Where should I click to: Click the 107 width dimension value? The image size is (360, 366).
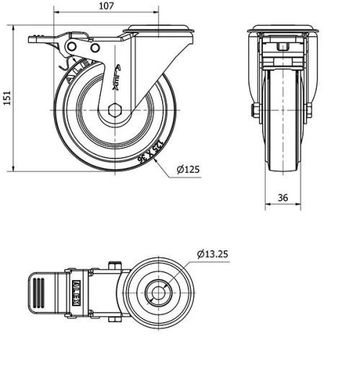pos(106,6)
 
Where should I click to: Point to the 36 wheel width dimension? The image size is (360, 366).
pos(282,197)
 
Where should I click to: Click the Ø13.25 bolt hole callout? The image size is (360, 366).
pos(213,253)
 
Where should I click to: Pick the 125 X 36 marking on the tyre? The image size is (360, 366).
pos(149,152)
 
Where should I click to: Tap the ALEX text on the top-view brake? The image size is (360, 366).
pos(76,291)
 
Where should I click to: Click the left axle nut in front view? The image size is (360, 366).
pos(254,111)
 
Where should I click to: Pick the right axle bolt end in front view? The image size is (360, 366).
pos(310,111)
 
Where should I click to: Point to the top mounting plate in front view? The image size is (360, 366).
pos(282,30)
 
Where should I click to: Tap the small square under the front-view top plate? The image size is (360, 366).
pos(282,48)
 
